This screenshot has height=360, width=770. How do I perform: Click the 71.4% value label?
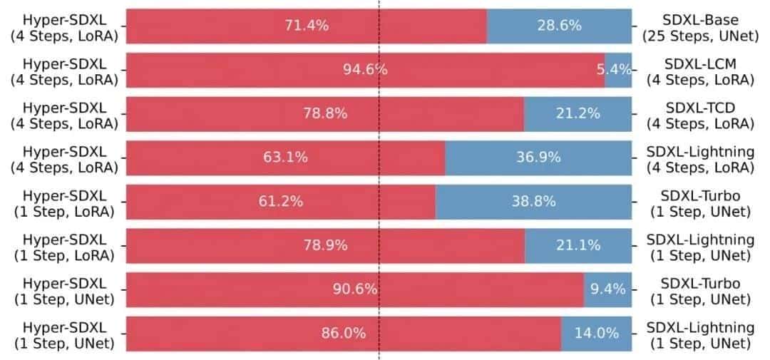(307, 26)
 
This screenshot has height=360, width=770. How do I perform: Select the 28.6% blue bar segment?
(559, 26)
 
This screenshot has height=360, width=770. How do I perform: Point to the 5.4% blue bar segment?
(618, 70)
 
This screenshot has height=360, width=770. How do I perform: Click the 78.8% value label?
(325, 114)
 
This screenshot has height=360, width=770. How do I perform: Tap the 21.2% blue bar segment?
(577, 114)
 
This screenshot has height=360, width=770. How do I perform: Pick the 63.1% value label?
(286, 158)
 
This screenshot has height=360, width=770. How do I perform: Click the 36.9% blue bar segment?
(538, 158)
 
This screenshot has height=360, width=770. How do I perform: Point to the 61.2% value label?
(281, 202)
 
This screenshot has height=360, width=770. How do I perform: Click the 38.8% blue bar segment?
(533, 202)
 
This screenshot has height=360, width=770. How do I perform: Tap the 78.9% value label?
(325, 246)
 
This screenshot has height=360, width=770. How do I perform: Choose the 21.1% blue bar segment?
(578, 246)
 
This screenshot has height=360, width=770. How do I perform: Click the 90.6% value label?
(355, 289)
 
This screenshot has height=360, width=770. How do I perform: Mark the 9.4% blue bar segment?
(607, 289)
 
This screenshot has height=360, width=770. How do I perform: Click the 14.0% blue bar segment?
(596, 334)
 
